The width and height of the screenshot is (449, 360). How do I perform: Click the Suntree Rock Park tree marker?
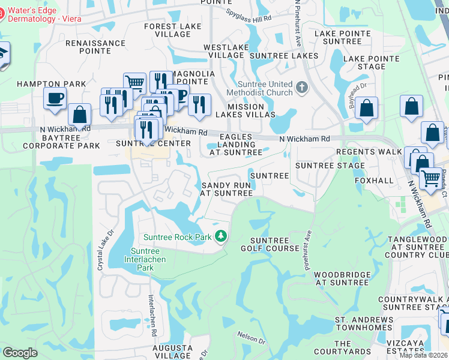(221, 237)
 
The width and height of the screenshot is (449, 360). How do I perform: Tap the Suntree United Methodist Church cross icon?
(301, 88)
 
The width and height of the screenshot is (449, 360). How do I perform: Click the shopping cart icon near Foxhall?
(430, 178)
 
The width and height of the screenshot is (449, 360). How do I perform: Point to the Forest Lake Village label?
(167, 30)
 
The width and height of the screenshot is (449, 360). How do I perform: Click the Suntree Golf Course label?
(270, 244)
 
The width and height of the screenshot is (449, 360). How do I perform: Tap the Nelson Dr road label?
(252, 337)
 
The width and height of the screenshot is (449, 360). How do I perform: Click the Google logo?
(20, 353)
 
